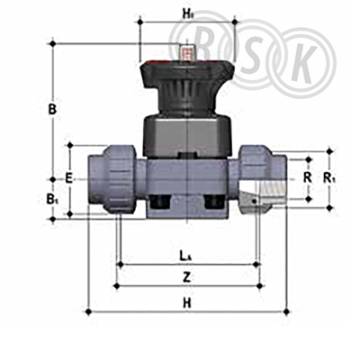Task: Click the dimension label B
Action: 52,110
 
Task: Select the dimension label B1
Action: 52,199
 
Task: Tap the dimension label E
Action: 69,179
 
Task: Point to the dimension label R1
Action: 329,178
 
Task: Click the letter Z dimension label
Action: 187,276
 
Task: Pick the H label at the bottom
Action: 187,303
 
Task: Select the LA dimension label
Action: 185,256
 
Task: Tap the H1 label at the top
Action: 187,13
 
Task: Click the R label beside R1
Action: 307,178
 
